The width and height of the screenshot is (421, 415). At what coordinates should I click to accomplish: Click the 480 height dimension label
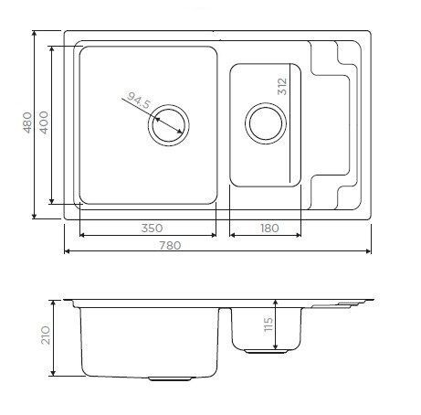click(26, 122)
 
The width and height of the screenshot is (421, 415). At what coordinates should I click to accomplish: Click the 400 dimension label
click(43, 122)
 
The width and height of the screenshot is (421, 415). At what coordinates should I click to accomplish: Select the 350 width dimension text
click(149, 228)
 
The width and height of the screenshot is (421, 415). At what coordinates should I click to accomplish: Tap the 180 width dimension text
click(268, 228)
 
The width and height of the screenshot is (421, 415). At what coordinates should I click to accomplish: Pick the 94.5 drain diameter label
click(137, 101)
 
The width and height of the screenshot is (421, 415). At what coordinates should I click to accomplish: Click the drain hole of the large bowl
click(168, 125)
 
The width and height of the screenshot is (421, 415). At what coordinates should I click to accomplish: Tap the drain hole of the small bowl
click(264, 122)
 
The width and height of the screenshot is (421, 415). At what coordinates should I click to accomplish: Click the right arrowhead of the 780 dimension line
click(371, 251)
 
